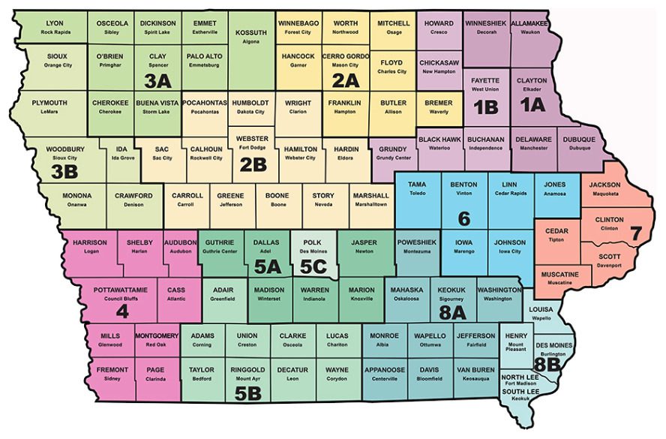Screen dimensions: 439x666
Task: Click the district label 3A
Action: [159, 79]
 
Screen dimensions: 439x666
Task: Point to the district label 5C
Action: [314, 266]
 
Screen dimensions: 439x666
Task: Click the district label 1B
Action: [486, 107]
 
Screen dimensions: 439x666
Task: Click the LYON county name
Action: [55, 23]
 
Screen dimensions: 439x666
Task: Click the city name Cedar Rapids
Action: [509, 193]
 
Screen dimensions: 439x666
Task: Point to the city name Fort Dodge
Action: [252, 148]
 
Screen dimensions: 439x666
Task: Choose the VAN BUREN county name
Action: [474, 370]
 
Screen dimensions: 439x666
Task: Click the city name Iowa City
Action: [510, 251]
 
